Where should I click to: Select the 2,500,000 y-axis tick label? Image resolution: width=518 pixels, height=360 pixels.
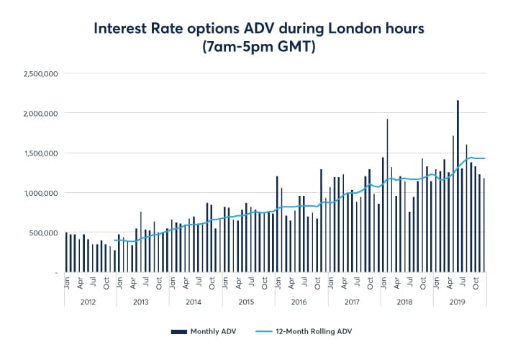click(x=41, y=74)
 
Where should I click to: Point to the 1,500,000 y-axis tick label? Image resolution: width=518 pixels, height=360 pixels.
click(x=41, y=153)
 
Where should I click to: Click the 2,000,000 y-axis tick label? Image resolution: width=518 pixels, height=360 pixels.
click(x=41, y=114)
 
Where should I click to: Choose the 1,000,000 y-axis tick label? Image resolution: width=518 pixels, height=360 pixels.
click(x=41, y=193)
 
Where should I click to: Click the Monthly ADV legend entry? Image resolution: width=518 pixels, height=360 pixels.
click(x=209, y=331)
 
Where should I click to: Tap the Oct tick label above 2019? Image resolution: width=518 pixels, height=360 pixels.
click(x=476, y=282)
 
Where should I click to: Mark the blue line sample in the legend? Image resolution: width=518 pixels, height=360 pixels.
click(x=263, y=331)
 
